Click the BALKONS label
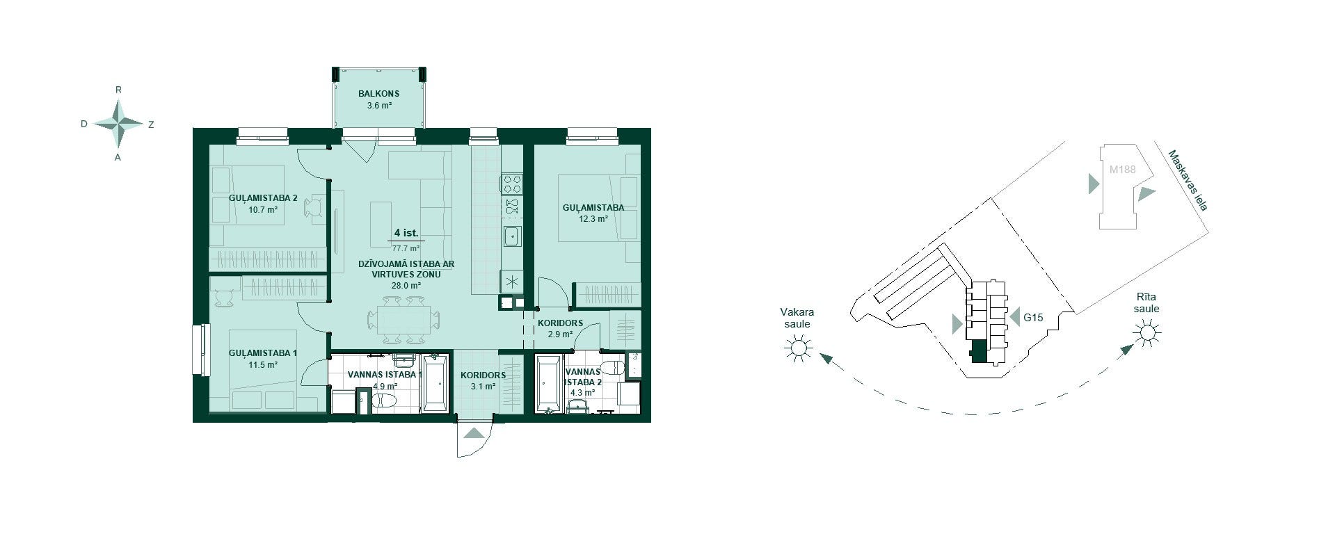coord(378,94)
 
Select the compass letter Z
coord(151,124)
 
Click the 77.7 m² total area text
coord(406,248)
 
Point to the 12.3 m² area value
coord(593,218)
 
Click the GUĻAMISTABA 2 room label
coord(263,197)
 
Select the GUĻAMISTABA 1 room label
coord(263,353)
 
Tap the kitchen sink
coord(511,237)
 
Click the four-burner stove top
coord(511,184)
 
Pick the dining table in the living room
coord(403,320)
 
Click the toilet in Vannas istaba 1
coord(384,401)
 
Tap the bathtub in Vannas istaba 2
coord(549,383)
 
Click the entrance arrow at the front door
coord(474,433)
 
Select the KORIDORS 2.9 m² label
coord(560,328)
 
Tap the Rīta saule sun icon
coord(1146,334)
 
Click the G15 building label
coord(1033,318)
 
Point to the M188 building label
coord(1122,169)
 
